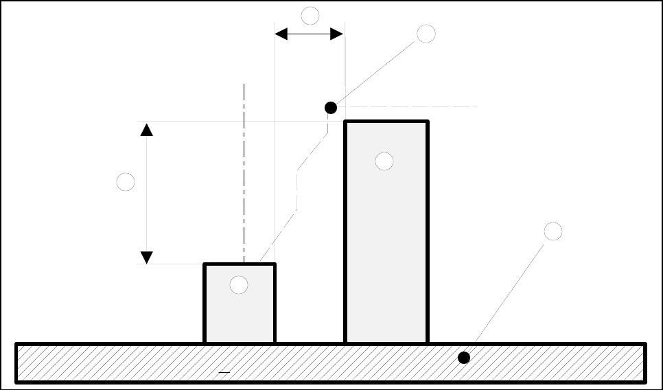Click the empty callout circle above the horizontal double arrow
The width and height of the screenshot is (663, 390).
pyautogui.click(x=310, y=15)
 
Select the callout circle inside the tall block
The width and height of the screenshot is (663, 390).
pyautogui.click(x=384, y=161)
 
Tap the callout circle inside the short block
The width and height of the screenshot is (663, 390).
pyautogui.click(x=239, y=285)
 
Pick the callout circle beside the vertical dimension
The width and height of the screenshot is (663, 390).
pyautogui.click(x=126, y=182)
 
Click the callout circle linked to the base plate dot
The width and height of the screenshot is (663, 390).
pyautogui.click(x=553, y=231)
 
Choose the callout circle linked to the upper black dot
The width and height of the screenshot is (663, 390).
pyautogui.click(x=426, y=33)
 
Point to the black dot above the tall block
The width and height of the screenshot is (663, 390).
pyautogui.click(x=331, y=108)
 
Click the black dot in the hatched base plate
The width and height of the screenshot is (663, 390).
pyautogui.click(x=464, y=358)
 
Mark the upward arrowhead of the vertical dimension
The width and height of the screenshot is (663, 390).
pyautogui.click(x=146, y=129)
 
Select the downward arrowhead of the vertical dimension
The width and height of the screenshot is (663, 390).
pyautogui.click(x=146, y=257)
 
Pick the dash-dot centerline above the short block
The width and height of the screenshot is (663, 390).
pyautogui.click(x=244, y=172)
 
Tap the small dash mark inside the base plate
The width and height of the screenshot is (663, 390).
pyautogui.click(x=223, y=371)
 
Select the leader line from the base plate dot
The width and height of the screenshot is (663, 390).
pyautogui.click(x=508, y=295)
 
